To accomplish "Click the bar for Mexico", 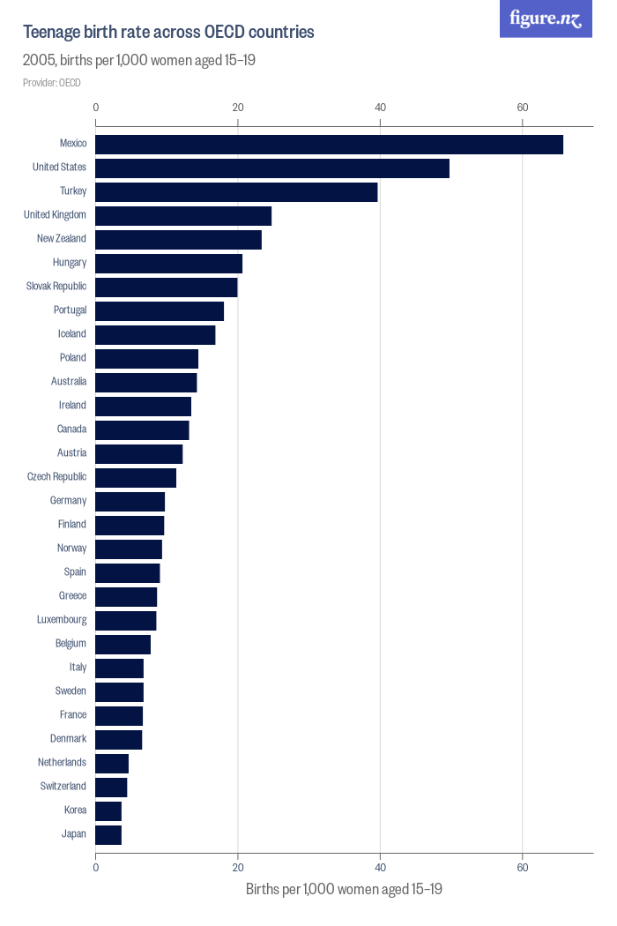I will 329,145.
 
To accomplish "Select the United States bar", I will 272,168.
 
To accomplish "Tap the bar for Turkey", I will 236,192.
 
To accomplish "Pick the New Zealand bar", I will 178,240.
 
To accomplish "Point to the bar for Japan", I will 108,835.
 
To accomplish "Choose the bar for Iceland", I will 155,335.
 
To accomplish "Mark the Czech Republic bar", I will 136,478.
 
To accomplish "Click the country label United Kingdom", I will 55,214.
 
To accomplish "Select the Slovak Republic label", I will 56,286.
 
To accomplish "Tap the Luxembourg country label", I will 62,619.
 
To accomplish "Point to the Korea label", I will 75,810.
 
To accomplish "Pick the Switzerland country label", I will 63,786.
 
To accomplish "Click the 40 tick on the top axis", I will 380,108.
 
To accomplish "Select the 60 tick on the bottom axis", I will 523,868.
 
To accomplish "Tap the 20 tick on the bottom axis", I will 238,868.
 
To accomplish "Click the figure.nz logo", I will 546,19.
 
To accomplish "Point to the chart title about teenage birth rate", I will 168,33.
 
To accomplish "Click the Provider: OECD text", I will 51,83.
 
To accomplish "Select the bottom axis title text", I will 344,889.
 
